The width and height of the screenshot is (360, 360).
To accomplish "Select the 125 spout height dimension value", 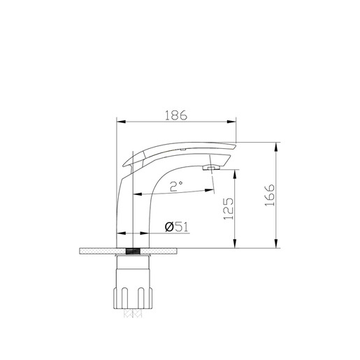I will point(228,208).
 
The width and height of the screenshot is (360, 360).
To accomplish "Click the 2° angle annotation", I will point(176,186).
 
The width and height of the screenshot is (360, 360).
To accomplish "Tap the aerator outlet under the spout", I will point(210,168).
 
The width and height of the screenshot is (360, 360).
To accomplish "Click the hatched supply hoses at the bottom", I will point(133,314).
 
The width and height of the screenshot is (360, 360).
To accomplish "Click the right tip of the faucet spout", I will point(236,145).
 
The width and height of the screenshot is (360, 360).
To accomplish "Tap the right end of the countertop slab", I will point(186,250).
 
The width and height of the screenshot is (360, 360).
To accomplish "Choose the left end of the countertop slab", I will point(83,250).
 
